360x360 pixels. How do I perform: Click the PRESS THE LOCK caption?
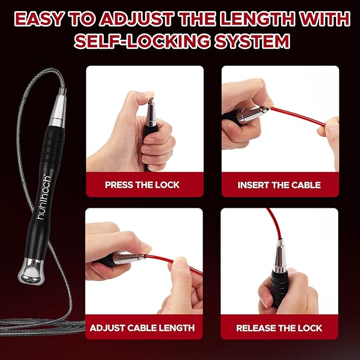point(142,185)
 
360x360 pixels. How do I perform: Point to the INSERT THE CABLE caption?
point(279,185)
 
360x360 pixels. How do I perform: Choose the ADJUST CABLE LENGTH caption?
point(142,328)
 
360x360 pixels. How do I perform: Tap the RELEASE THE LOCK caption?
point(279,328)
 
